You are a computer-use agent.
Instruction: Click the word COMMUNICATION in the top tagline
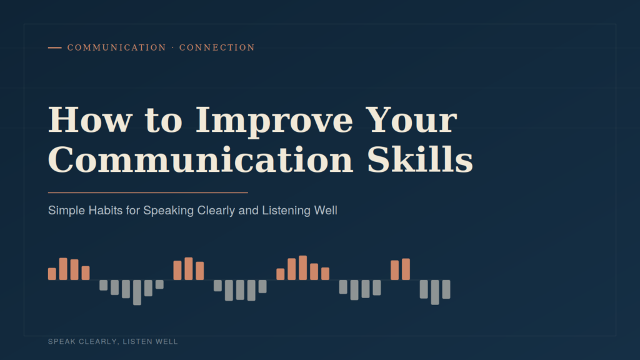[x=117, y=47]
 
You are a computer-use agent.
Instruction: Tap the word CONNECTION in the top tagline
[x=217, y=47]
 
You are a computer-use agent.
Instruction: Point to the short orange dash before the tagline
[x=55, y=47]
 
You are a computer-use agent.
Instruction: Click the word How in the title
[x=90, y=119]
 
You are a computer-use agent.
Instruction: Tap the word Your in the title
[x=411, y=119]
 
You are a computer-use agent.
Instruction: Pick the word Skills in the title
[x=420, y=159]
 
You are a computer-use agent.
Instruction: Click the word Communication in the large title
[x=201, y=159]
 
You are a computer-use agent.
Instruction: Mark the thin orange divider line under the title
[x=147, y=192]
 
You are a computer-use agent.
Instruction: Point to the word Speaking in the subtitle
[x=169, y=211]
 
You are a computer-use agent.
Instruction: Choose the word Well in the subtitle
[x=326, y=211]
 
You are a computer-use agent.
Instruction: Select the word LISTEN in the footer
[x=136, y=342]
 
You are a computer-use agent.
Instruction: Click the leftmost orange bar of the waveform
[x=52, y=274]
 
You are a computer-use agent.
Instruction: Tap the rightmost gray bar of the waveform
[x=446, y=289]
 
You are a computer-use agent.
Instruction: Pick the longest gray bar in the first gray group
[x=137, y=292]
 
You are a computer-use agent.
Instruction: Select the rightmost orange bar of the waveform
[x=406, y=269]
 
